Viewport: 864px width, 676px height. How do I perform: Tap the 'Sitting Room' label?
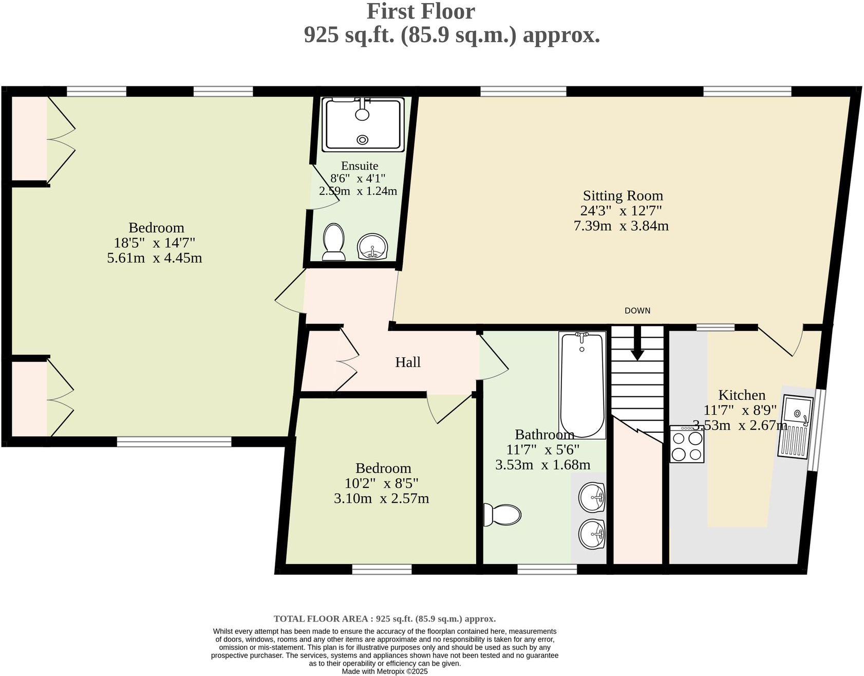point(623,196)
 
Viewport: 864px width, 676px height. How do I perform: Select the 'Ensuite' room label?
point(360,166)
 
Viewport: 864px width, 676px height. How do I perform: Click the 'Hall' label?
point(408,362)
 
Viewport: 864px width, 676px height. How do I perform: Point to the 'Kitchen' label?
point(741,395)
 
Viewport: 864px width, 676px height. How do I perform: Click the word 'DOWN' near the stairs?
point(637,311)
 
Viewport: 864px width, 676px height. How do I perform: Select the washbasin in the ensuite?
point(372,247)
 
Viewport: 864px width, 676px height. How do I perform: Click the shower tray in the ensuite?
point(363,124)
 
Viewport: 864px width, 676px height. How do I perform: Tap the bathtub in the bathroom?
point(582,385)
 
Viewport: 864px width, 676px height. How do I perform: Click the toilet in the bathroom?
point(502,515)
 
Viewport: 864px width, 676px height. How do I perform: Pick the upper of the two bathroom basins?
point(592,497)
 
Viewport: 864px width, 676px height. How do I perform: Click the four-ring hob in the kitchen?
point(687,445)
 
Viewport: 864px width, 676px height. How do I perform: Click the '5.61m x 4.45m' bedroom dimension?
point(154,258)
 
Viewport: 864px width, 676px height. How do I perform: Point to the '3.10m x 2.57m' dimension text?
point(381,498)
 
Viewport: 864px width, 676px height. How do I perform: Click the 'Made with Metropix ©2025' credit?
point(384,671)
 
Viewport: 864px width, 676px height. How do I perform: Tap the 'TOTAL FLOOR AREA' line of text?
point(384,619)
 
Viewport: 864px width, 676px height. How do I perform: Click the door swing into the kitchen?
point(781,342)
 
